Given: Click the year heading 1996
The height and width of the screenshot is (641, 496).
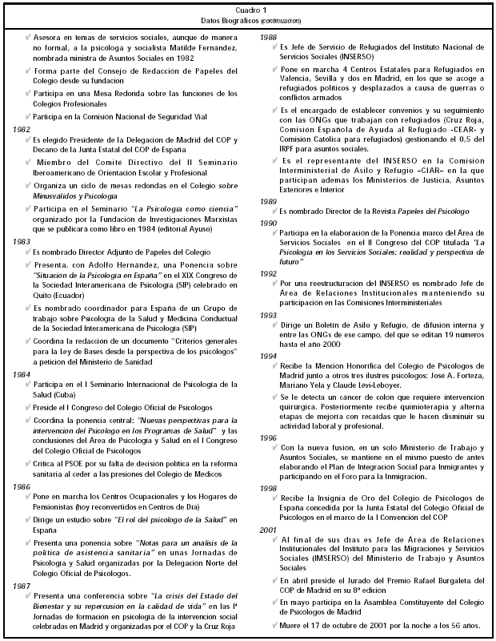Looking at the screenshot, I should click(x=270, y=437).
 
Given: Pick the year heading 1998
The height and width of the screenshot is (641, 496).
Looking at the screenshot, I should click(x=270, y=487).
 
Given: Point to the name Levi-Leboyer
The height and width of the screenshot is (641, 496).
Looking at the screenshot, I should click(x=356, y=383).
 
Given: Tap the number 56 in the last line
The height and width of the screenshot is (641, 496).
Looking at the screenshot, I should click(x=442, y=623).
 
